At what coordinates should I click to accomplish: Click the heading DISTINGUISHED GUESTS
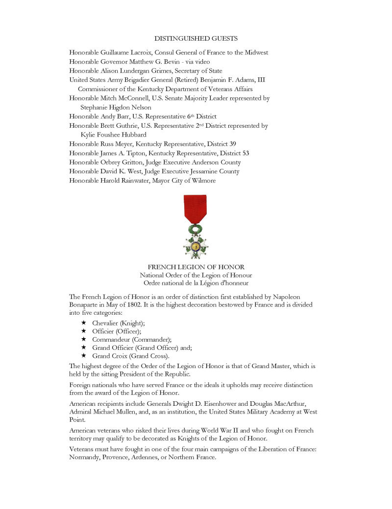point(196,38)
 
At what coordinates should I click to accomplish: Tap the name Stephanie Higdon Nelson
point(116,107)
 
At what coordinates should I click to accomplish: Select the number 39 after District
point(233,144)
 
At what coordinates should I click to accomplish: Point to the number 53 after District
point(245,153)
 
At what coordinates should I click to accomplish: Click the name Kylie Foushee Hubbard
point(113,135)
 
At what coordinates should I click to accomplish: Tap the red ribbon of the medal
point(195,208)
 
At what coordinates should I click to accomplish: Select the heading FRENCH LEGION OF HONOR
point(196,267)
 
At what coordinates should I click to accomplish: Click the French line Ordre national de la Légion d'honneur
point(196,283)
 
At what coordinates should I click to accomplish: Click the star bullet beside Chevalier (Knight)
point(84,323)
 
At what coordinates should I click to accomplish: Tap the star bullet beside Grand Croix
point(84,356)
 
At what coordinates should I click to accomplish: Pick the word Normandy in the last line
point(85,458)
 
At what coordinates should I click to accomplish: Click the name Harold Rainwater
point(122,181)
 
